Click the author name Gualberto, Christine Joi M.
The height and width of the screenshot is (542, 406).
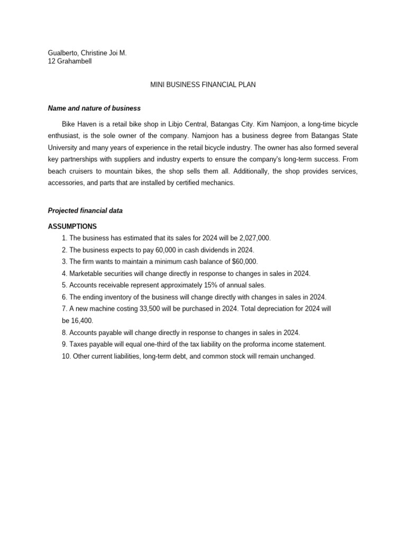pyautogui.click(x=87, y=53)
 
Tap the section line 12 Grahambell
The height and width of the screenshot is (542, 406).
pyautogui.click(x=70, y=61)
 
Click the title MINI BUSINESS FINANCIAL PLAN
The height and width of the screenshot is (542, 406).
pyautogui.click(x=203, y=85)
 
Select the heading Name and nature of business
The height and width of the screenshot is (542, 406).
pyautogui.click(x=94, y=108)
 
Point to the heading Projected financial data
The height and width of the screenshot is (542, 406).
pyautogui.click(x=85, y=210)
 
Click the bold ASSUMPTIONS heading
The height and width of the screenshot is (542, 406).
pyautogui.click(x=72, y=226)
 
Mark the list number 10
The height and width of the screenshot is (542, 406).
pyautogui.click(x=66, y=356)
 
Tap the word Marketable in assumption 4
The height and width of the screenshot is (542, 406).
pyautogui.click(x=87, y=273)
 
